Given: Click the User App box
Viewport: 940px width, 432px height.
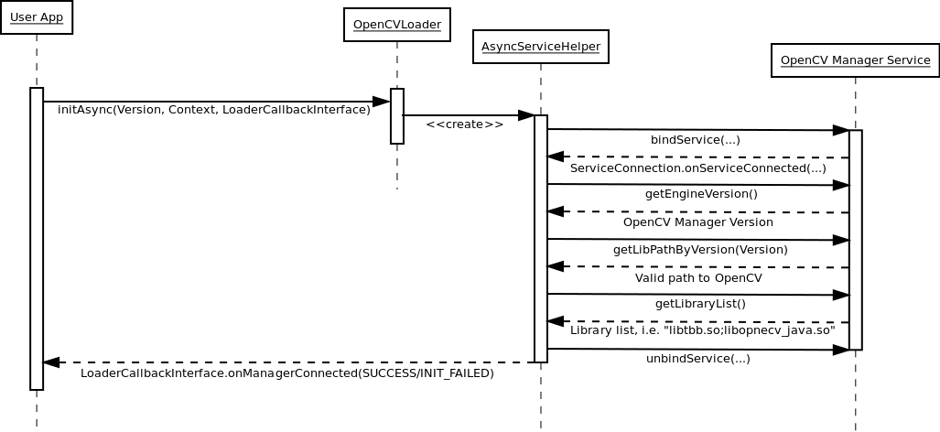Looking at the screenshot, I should point(37,17).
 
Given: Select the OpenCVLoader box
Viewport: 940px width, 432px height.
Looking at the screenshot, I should point(397,25).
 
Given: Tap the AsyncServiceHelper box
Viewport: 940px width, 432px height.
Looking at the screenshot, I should point(540,47).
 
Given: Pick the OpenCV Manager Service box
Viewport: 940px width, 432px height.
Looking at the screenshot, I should point(855,60).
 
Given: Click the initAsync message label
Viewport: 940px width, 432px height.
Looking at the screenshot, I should point(214,110).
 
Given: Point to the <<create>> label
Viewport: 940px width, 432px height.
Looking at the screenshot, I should point(464,124).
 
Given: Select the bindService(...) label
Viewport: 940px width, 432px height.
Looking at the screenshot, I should point(695,140).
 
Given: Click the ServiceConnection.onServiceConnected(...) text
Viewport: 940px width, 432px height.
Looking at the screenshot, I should point(697,168).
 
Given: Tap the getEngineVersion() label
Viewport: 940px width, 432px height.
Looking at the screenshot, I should point(701,194).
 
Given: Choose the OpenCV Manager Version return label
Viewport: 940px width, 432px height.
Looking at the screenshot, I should point(697,221).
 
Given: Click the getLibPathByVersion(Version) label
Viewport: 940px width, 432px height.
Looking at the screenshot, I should point(700,249).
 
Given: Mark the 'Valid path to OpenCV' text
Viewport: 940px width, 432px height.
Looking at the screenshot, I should point(698,277).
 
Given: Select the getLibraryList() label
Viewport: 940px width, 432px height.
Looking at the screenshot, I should point(700,304).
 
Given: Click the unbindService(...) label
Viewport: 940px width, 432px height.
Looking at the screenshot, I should point(697,359).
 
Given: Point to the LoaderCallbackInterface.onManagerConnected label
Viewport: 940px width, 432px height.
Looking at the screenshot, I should point(286,373).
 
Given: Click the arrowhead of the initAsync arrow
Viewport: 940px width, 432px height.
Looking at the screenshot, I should point(382,102).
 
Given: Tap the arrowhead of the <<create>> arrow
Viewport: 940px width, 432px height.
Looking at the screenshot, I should point(526,115).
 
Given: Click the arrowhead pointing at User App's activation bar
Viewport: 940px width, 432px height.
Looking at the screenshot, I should point(52,362).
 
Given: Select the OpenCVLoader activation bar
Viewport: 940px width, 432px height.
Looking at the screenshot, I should point(397,116).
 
